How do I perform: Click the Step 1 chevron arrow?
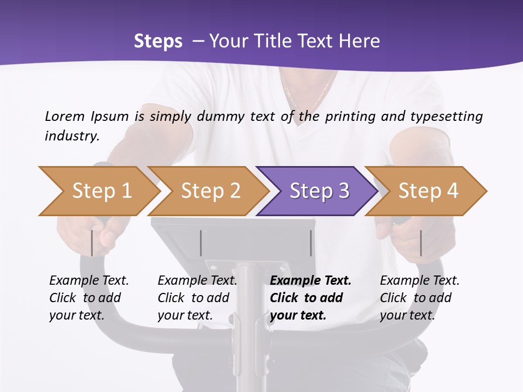[98, 191]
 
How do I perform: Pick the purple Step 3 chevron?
[317, 191]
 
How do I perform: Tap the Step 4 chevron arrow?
[426, 191]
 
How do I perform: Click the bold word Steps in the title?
[158, 41]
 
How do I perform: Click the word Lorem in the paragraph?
[65, 116]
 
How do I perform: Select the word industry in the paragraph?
[72, 136]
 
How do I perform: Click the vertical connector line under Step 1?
[92, 243]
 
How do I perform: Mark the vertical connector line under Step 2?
[201, 243]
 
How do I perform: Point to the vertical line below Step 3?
[311, 243]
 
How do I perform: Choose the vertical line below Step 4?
[421, 243]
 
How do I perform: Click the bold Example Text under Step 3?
[311, 281]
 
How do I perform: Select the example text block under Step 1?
[89, 298]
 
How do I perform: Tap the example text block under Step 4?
[419, 298]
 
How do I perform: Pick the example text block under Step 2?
[197, 298]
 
